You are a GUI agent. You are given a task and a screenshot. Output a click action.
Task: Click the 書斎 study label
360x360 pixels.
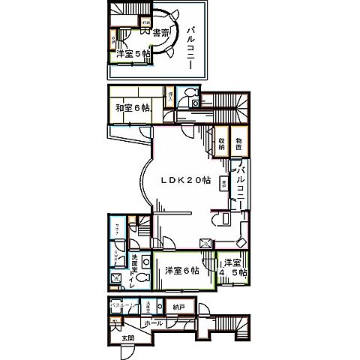click(x=159, y=34)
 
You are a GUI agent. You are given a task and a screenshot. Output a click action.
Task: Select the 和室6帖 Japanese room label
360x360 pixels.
click(x=130, y=108)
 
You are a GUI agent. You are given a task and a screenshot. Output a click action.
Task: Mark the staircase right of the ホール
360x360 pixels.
click(x=234, y=324)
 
